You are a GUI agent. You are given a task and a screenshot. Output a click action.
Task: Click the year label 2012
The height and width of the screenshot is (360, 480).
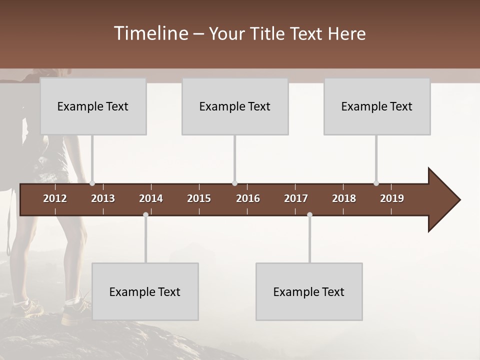point(55,198)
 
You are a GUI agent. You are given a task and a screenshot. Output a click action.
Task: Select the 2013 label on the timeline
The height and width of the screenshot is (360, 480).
point(103,198)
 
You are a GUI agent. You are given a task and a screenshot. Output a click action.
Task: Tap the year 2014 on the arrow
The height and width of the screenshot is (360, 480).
point(151,198)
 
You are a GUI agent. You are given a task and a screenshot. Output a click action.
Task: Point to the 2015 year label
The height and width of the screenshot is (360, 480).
point(199,198)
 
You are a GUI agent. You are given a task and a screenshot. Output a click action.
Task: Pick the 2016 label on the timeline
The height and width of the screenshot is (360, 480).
point(248,198)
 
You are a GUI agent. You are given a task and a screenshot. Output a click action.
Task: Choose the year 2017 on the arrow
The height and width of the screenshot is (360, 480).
point(296,198)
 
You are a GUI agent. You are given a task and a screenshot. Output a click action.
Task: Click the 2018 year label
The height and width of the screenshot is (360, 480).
point(344,198)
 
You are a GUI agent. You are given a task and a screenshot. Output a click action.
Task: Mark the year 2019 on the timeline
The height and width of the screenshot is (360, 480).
point(392,198)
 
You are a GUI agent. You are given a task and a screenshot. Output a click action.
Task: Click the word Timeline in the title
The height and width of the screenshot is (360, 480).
point(150,33)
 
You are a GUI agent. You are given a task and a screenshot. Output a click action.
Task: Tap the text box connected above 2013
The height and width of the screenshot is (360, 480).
point(93,106)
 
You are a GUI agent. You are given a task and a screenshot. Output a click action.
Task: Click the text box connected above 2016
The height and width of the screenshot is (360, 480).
point(235,106)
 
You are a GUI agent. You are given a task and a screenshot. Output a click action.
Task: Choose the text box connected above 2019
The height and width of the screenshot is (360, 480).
point(377,106)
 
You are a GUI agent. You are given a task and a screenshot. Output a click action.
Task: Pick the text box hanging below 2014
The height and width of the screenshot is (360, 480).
point(145,291)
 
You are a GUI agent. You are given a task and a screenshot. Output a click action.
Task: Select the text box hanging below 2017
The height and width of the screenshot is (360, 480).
point(309,291)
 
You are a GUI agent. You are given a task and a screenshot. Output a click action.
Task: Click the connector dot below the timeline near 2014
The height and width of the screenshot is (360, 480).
point(145,215)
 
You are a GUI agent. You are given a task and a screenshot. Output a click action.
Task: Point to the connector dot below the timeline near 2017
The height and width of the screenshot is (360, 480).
point(309,215)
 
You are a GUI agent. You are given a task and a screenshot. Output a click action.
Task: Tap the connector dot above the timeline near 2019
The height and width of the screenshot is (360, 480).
point(376,183)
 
